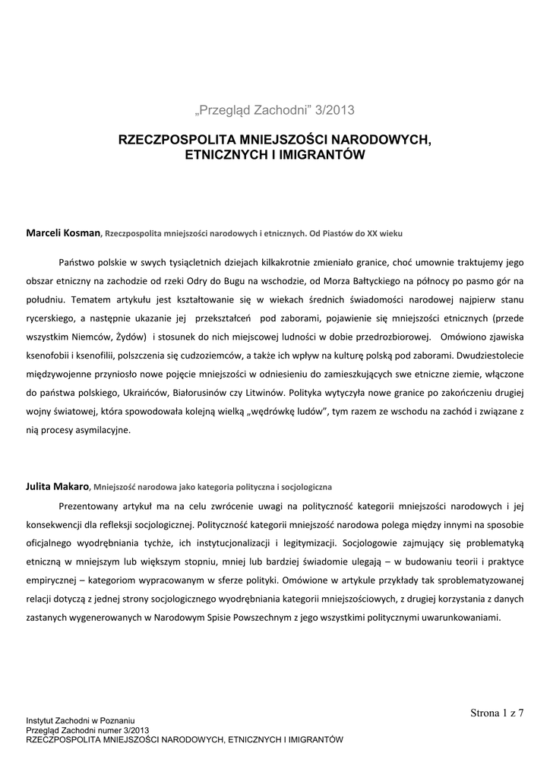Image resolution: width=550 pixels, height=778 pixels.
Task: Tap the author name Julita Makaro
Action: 58,485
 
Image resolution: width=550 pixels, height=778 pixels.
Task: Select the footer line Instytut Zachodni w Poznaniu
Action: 80,719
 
